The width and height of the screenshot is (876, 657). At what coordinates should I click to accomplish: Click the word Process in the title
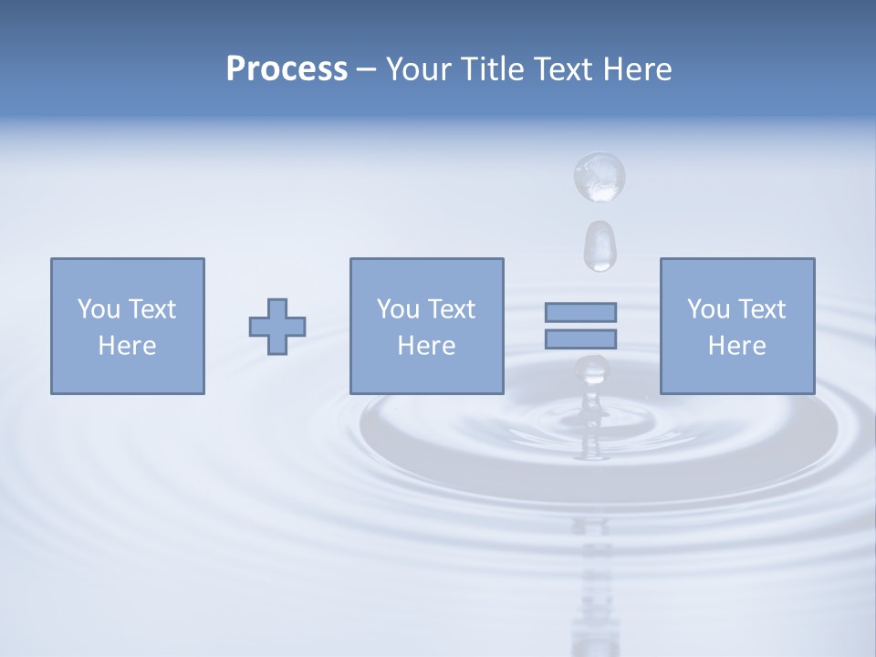click(287, 69)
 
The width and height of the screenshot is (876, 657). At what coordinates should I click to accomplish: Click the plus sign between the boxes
click(277, 327)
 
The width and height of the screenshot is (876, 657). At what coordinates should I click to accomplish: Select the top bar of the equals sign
click(580, 312)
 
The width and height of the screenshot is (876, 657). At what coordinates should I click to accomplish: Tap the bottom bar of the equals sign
click(580, 339)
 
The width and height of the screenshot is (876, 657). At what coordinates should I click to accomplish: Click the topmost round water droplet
click(599, 175)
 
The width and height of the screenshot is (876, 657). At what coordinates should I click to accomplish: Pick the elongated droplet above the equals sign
click(600, 245)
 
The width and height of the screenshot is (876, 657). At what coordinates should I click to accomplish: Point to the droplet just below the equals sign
click(591, 370)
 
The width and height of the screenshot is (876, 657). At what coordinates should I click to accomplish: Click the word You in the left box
click(98, 309)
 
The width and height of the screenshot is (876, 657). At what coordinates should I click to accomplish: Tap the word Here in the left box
click(127, 346)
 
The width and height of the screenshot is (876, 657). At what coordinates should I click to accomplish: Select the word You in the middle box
click(397, 309)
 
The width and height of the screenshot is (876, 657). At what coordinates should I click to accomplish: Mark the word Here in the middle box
click(426, 346)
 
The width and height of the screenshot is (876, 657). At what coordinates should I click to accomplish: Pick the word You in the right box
click(707, 309)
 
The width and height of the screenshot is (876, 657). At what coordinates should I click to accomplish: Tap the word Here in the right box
click(736, 346)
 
